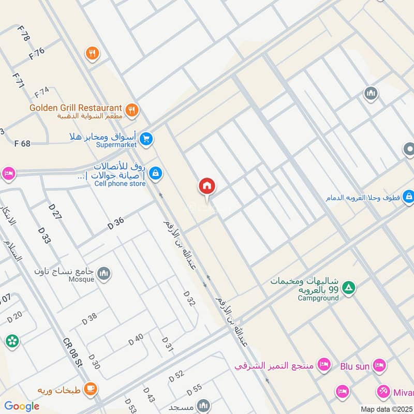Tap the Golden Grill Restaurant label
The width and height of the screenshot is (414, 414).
(76, 108)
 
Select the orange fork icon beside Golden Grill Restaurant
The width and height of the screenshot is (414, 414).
(132, 110)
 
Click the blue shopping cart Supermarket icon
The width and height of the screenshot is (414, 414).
(146, 139)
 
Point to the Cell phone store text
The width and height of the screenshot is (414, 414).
(120, 183)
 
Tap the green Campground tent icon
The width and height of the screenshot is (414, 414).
(350, 287)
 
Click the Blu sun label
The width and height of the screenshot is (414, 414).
(355, 366)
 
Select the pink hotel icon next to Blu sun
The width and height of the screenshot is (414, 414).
(379, 365)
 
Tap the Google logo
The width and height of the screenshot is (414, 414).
(22, 406)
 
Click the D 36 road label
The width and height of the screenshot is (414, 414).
(116, 224)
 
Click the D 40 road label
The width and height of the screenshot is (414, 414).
(136, 341)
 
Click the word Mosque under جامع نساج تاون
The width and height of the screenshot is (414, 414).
(81, 279)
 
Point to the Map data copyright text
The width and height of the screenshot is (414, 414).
(387, 409)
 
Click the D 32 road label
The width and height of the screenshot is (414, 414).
(189, 299)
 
